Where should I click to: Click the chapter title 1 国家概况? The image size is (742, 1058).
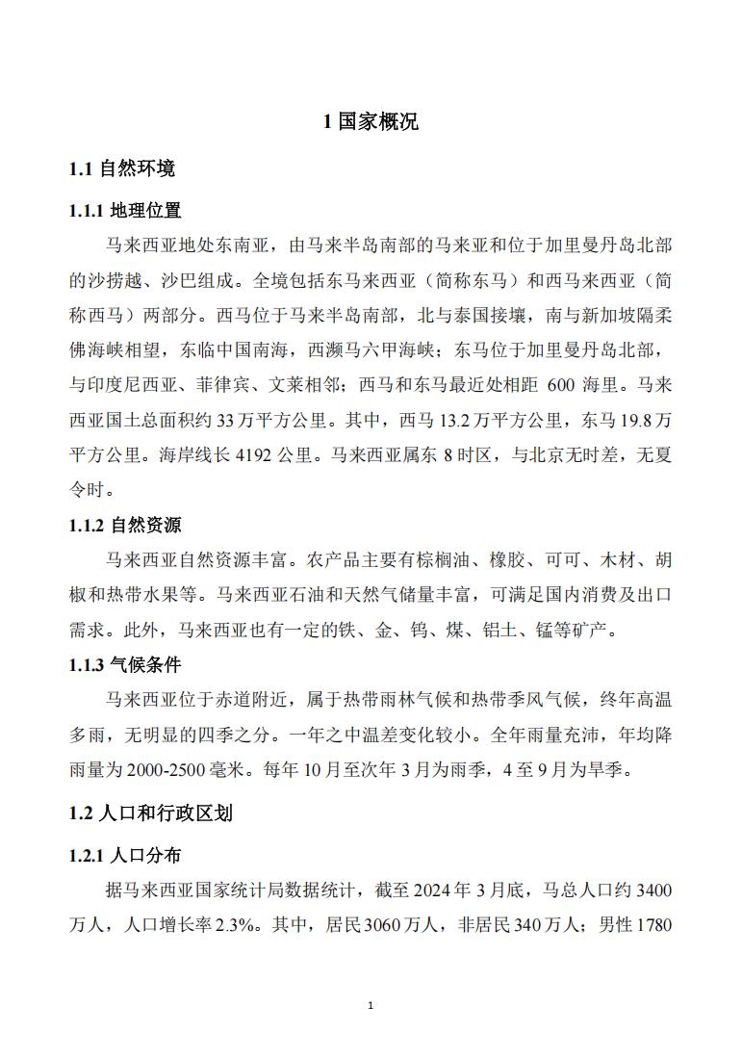pos(371,122)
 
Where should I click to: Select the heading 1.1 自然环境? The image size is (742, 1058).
pos(122,169)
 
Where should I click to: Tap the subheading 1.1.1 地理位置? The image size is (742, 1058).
pos(126,210)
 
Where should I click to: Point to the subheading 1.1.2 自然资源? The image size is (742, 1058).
pos(126,525)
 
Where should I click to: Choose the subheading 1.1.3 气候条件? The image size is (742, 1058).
pos(126,664)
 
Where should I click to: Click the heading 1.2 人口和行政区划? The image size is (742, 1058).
pos(150,813)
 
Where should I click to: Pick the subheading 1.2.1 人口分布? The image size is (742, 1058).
pos(126,854)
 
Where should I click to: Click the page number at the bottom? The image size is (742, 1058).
pos(371,1006)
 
